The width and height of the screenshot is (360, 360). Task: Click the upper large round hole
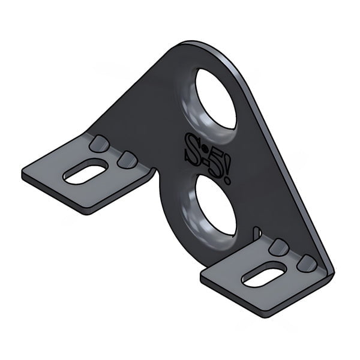coord(215,98)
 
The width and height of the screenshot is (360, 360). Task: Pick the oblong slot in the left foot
coord(85,173)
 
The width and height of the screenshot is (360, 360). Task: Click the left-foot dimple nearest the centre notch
coord(127,158)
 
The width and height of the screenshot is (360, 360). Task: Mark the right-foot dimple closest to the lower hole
coord(278,246)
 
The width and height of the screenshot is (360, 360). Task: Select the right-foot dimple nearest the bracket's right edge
coord(308,262)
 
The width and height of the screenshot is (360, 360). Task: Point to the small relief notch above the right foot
coord(256,231)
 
